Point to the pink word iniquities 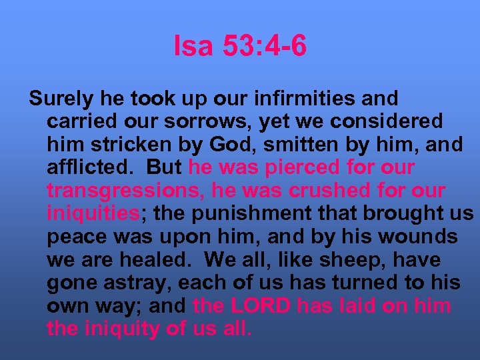click(x=93, y=214)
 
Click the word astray click(x=137, y=283)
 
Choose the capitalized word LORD click(x=261, y=306)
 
